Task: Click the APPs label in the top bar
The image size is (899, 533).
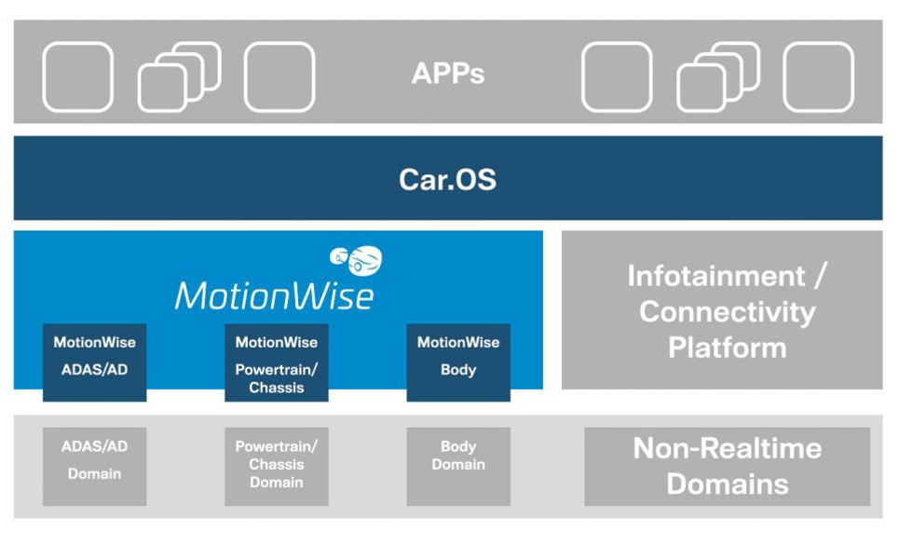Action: pos(448,74)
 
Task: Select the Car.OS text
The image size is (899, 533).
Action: pos(448,178)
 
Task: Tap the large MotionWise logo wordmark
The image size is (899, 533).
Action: pos(274,294)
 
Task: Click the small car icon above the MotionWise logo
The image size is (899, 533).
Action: pos(358,259)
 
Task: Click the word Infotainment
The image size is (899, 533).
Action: pos(715,276)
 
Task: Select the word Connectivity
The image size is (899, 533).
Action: pos(727,311)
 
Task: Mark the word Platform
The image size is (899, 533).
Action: pos(727,348)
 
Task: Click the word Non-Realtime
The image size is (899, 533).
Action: pos(727,448)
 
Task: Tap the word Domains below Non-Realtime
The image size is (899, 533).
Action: pos(727,485)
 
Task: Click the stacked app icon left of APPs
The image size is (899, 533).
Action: pos(180,76)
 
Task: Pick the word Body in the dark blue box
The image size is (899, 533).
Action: pos(458,370)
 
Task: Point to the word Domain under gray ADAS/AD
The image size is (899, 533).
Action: pos(94,473)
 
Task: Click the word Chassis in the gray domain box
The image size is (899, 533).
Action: pos(277,464)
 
